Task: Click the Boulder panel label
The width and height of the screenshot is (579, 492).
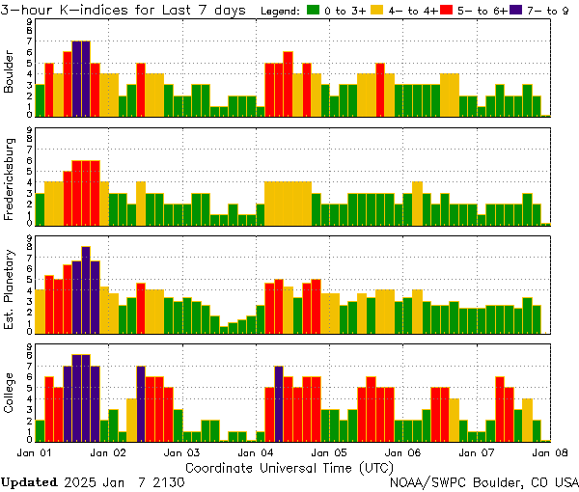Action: [x=10, y=72]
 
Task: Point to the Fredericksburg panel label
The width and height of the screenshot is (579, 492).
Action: [x=10, y=180]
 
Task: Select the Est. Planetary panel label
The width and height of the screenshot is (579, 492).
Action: [x=10, y=288]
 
